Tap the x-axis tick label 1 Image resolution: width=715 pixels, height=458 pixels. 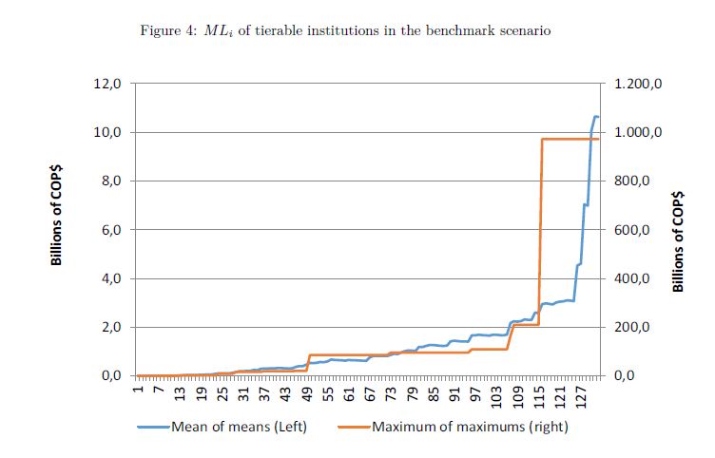point(137,390)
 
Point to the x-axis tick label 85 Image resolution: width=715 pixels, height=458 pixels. point(434,392)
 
